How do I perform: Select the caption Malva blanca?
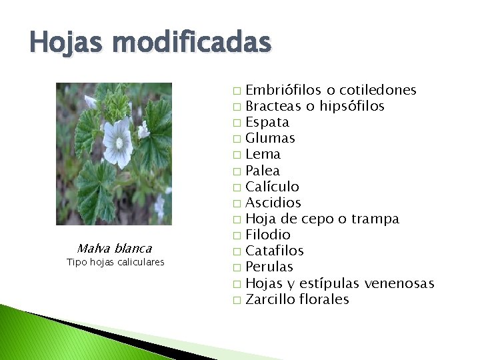(x=114, y=249)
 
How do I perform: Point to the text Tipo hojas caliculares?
(x=115, y=262)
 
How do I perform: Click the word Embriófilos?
(x=284, y=90)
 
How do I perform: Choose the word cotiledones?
(x=378, y=90)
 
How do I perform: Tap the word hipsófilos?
(x=351, y=106)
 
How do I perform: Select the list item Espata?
(x=267, y=122)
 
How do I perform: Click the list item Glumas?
(x=270, y=138)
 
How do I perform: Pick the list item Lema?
(x=263, y=154)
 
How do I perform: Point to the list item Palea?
(x=263, y=171)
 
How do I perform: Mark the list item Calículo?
(x=272, y=187)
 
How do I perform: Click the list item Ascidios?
(x=273, y=203)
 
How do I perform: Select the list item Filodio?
(x=268, y=235)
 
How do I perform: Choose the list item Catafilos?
(x=275, y=251)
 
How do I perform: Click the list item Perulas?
(x=269, y=267)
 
